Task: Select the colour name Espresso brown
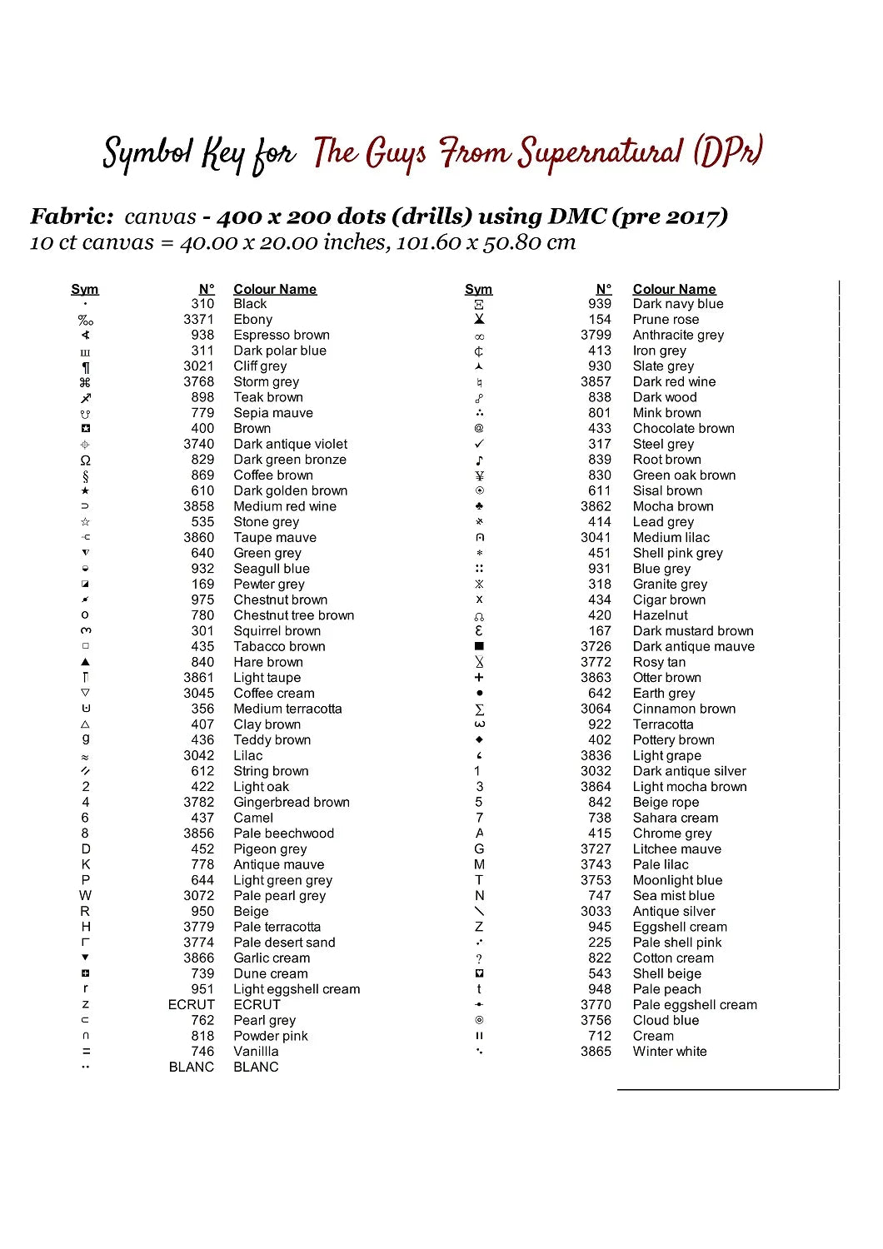(282, 335)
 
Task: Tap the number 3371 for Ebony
(199, 320)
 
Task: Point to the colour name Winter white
(670, 1052)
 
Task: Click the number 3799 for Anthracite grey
(596, 335)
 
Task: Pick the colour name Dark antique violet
(291, 444)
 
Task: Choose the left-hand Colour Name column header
(275, 289)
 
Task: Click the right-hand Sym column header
(479, 289)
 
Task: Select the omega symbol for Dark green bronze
(85, 460)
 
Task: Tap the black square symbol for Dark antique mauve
(479, 646)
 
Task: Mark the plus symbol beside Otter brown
(479, 678)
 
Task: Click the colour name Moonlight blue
(677, 880)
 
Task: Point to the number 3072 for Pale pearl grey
(199, 896)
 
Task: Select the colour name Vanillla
(257, 1052)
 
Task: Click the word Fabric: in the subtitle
(72, 216)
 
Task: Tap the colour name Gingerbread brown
(292, 802)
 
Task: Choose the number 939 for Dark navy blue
(600, 304)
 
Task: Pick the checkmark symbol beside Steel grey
(479, 444)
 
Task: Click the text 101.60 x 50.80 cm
(486, 243)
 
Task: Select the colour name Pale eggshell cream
(695, 1005)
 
